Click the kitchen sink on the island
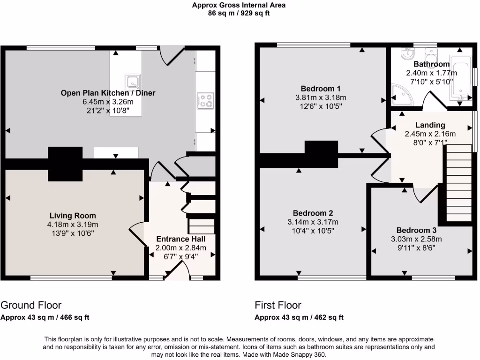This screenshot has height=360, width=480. click(131, 81)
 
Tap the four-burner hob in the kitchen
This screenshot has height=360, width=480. click(205, 100)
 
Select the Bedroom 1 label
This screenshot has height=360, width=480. click(321, 89)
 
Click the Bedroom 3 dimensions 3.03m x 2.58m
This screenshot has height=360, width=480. click(417, 239)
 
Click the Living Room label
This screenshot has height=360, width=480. click(73, 216)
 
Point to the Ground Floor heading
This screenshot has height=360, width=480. click(31, 305)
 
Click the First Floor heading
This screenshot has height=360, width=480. click(278, 305)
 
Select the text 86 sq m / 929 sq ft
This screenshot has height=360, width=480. click(239, 13)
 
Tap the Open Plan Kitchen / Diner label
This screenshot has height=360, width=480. click(108, 93)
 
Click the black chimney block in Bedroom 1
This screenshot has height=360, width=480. click(321, 154)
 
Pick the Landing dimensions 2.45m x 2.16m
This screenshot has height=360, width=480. click(430, 134)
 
